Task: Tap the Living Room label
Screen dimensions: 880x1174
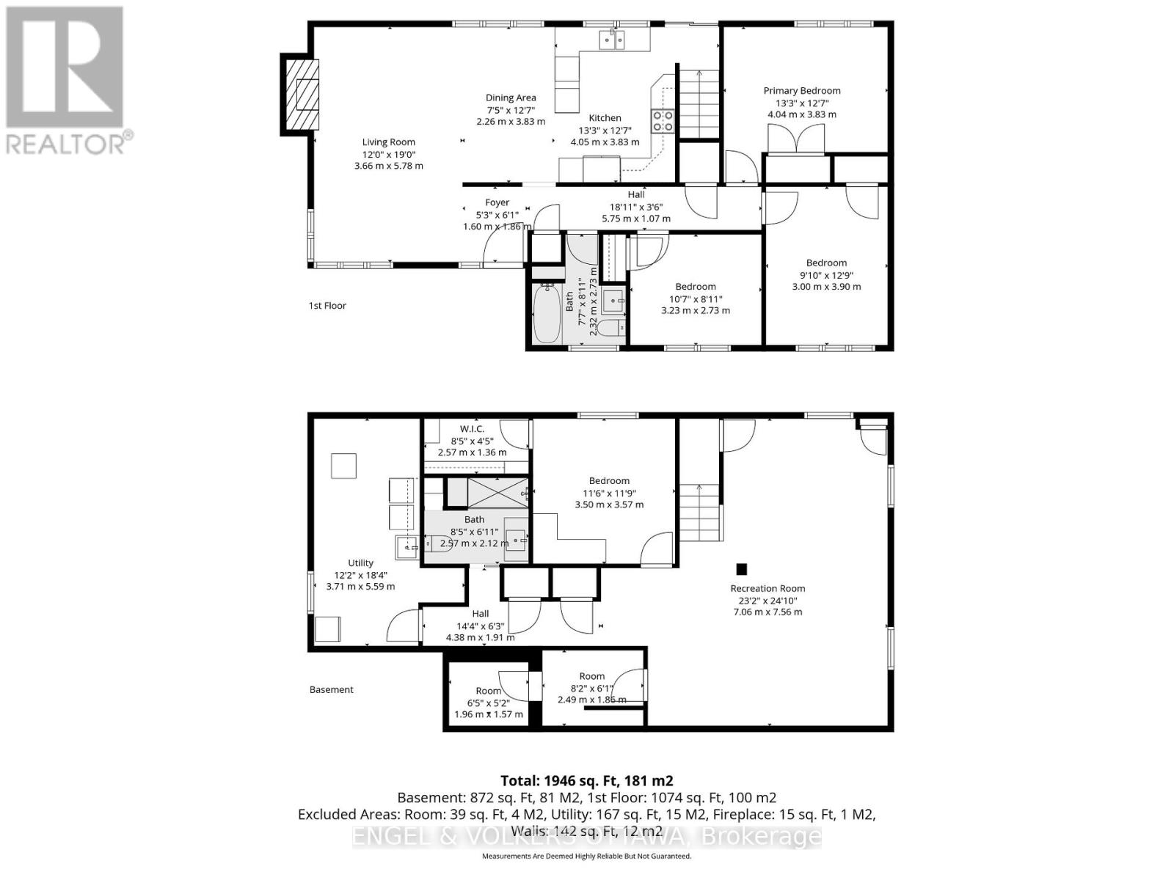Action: (388, 142)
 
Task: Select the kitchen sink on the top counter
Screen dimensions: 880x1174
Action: (611, 40)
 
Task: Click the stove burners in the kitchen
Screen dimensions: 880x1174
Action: (663, 120)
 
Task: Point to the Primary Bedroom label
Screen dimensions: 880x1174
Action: (801, 91)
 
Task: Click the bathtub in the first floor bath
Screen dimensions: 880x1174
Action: (546, 315)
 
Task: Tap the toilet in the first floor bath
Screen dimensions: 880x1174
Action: (610, 327)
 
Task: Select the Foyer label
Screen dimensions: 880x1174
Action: (497, 202)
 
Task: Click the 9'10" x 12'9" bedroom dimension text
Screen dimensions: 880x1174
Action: (826, 275)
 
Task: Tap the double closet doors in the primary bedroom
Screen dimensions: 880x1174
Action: (795, 138)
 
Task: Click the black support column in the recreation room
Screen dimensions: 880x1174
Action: (741, 568)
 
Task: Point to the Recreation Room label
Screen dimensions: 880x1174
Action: (768, 588)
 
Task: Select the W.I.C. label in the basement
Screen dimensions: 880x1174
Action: (472, 429)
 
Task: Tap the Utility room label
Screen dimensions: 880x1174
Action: (360, 563)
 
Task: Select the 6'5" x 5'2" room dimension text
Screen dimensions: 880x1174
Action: (488, 703)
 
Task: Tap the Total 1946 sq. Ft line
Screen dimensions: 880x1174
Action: (586, 781)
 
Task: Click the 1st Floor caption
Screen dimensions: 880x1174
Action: (327, 306)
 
